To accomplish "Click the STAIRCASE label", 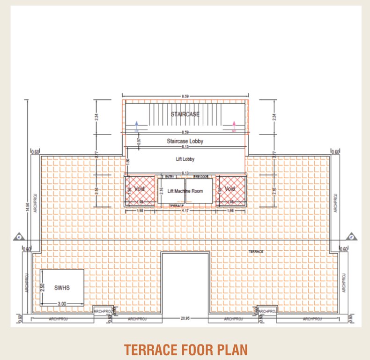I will tap(185, 114).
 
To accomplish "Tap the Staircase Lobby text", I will tap(185, 141).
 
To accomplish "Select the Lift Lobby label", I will tap(185, 159).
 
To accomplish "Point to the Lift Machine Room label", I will tap(185, 191).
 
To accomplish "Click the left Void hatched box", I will tap(140, 189).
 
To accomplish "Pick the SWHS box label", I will tap(62, 287).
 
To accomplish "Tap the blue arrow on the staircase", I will tap(136, 126).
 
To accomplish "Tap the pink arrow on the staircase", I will tap(234, 126).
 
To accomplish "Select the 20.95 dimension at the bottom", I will tap(185, 318).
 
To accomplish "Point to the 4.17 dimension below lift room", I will tap(185, 211).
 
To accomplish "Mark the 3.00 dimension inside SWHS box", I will tap(62, 304).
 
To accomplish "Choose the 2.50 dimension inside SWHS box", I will tap(43, 287).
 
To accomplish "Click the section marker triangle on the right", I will tap(350, 237).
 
